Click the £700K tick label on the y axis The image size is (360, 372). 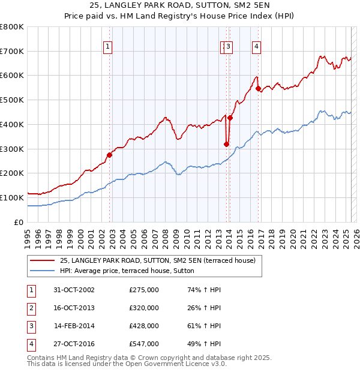tap(12, 52)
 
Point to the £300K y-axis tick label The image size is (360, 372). tap(12, 149)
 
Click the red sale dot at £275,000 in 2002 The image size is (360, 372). tap(109, 155)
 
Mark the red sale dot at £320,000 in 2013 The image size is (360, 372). tap(226, 144)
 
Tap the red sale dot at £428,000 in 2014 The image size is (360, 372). tap(230, 118)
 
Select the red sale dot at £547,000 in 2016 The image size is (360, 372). tap(258, 89)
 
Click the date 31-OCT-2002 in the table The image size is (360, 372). tap(74, 290)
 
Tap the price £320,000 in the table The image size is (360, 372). tap(144, 308)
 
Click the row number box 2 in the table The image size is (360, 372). tap(30, 308)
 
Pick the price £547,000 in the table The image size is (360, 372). tap(144, 344)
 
